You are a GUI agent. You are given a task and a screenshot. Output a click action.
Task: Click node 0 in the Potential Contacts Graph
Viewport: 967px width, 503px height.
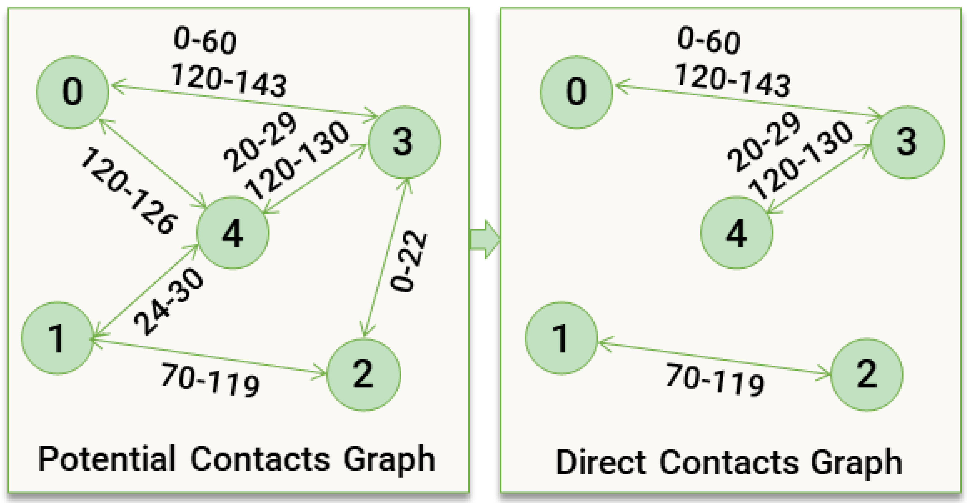pos(72,92)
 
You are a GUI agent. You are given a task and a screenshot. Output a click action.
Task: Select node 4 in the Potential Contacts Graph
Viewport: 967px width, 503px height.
pos(233,233)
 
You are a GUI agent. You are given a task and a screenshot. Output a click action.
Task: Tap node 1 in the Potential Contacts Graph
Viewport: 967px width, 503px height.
pos(57,338)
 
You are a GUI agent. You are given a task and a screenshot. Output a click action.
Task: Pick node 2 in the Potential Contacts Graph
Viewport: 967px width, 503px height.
pos(363,375)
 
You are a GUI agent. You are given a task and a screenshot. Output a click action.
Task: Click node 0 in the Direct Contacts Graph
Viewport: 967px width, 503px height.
pos(576,92)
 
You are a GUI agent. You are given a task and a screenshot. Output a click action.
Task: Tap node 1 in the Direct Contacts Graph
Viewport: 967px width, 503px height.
pos(561,338)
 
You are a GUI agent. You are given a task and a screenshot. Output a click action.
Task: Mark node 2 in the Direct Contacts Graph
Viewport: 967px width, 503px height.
pos(867,375)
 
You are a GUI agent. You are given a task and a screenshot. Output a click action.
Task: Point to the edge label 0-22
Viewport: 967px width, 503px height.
pos(409,262)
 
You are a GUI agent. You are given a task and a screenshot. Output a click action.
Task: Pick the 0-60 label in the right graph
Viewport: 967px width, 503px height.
pos(709,41)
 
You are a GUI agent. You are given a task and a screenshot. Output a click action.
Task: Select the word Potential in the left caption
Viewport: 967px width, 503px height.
pos(107,459)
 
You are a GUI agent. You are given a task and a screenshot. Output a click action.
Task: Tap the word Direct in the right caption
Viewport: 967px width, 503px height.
pos(601,462)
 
